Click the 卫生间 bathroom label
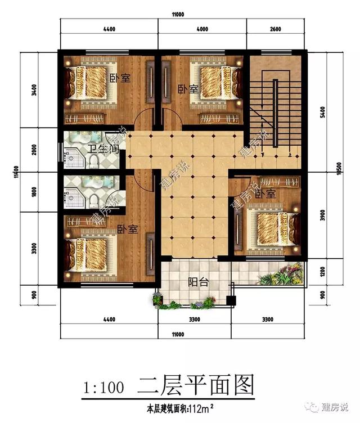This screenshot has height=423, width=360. point(103,150)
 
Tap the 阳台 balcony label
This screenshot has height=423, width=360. point(197,282)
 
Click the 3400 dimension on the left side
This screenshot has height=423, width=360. point(34,90)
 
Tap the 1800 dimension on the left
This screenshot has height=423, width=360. point(34,192)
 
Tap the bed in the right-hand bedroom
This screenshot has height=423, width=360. point(270,227)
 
